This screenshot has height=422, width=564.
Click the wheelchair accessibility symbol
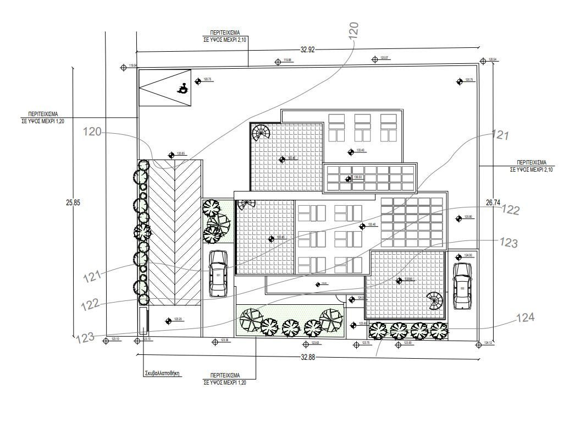pos(182,88)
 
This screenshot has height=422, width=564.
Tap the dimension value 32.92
pos(307,49)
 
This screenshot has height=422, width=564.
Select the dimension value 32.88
pos(308,357)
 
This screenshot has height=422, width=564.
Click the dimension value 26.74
pos(493,203)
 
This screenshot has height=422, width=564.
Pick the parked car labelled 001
pos(218,273)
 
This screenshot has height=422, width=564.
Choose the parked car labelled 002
pos(462,286)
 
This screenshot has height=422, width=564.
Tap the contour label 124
pos(524,317)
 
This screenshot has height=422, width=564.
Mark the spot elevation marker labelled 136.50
pos(348,179)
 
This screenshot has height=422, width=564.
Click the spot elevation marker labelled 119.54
pos(123,67)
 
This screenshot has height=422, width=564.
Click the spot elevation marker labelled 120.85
pos(171,154)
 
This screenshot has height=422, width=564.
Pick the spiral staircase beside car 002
pos(435,302)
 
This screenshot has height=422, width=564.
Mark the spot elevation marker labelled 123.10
pos(106,340)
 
